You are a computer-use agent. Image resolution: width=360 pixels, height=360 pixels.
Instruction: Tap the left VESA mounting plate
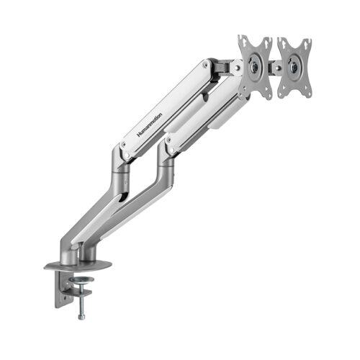[255, 68]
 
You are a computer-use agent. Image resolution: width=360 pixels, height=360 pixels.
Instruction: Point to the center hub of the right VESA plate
[294, 67]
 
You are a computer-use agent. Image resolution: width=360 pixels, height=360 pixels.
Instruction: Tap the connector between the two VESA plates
[275, 67]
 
